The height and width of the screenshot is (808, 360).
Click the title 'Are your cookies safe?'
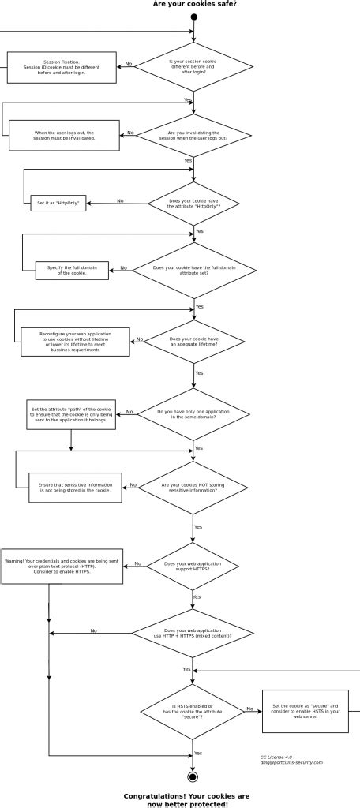193,4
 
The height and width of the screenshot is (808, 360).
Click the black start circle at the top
193,17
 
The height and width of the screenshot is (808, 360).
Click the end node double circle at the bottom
192,776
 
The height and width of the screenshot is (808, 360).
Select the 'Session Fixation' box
62,67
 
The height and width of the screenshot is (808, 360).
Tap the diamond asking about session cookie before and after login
193,67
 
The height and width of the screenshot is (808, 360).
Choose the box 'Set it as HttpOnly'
58,204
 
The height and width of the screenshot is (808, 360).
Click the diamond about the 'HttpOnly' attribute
194,204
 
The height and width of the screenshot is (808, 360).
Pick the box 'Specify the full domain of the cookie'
72,271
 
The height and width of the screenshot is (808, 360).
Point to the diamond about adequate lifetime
193,341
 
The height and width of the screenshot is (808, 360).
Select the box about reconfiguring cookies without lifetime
75,342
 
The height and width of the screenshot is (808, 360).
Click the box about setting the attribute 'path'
71,414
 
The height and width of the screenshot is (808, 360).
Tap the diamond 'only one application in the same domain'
193,414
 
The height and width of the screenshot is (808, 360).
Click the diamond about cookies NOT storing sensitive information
193,488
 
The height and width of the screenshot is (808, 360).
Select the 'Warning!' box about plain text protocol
62,566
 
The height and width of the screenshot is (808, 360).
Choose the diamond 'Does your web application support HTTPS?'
193,566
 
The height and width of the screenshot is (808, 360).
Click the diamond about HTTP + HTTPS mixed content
193,633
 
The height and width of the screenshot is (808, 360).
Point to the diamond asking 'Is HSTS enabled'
192,711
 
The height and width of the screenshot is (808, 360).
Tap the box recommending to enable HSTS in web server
305,711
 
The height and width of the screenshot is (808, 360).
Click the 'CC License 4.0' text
276,756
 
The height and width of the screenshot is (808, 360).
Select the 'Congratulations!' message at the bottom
186,800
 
